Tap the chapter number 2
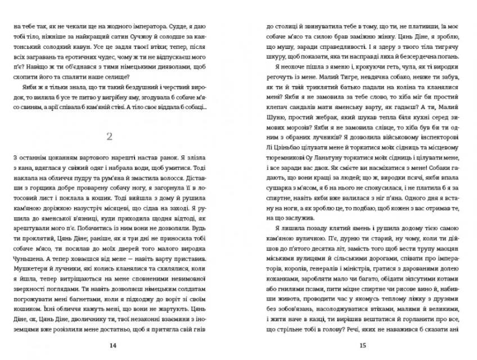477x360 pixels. click(x=110, y=136)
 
